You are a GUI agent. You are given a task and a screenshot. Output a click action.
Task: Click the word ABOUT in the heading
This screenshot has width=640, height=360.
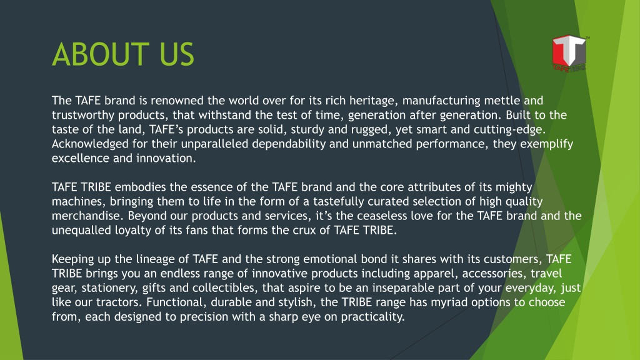coord(101,54)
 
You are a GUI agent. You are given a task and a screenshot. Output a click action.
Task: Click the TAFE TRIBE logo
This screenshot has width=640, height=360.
coord(570,54)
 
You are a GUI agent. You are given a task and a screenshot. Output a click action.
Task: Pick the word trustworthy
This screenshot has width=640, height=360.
coord(83,116)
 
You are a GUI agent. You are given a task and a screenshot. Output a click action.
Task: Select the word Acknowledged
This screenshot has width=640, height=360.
coord(90,144)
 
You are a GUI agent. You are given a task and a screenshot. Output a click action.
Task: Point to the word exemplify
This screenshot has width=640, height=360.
coord(546,144)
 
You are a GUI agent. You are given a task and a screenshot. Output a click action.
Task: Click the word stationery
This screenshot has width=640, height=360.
coord(110,288)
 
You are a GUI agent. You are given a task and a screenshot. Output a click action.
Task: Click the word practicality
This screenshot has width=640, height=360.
coord(372,317)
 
